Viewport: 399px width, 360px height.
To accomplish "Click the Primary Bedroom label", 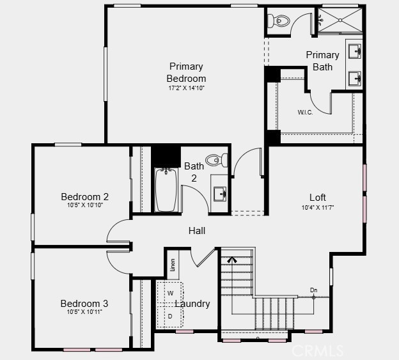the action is point(186,72).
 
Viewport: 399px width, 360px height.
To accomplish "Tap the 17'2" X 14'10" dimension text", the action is point(187,88).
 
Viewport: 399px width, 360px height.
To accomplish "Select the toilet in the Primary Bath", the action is point(279,20).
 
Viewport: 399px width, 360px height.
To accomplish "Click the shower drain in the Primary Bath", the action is point(340,20).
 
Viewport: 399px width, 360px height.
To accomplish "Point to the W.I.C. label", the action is point(306,112).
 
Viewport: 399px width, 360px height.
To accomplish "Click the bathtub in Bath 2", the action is point(166,189).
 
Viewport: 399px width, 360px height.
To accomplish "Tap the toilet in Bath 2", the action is point(217,160).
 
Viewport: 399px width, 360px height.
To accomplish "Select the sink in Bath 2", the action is point(220,194).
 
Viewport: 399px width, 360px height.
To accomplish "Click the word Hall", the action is point(197,231).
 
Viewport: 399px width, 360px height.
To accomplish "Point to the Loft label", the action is point(318,198).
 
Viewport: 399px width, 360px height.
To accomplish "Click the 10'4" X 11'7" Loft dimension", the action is point(318,208).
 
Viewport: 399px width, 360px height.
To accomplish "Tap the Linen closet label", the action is point(173,265).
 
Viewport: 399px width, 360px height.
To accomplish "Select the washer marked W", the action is point(170,293).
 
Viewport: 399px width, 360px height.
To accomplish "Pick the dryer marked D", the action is point(170,317).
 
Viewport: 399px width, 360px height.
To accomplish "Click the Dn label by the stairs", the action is point(314,290).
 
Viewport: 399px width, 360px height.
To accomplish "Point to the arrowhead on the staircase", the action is point(232,260).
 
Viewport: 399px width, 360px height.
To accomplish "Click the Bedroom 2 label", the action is point(85,197).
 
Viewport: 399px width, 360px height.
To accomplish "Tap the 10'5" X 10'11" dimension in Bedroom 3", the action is point(84,311).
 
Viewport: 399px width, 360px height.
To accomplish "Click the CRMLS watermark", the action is point(318,350).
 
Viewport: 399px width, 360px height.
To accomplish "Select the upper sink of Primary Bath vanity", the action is point(355,51).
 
